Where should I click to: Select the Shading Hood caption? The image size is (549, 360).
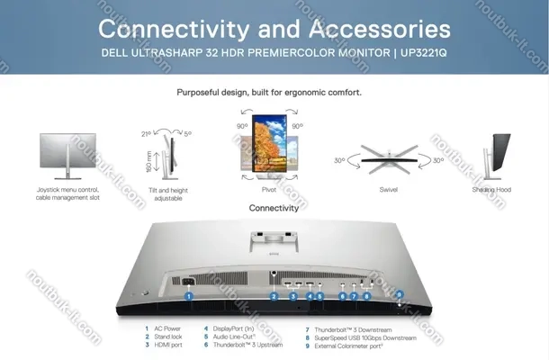tap(491, 190)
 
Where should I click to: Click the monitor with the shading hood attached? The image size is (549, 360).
tap(496, 157)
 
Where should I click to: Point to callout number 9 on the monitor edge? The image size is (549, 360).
tap(400, 294)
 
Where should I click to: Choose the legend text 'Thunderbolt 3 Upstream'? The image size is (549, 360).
tap(247, 345)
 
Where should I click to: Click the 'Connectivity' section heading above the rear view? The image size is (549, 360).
tap(274, 208)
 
